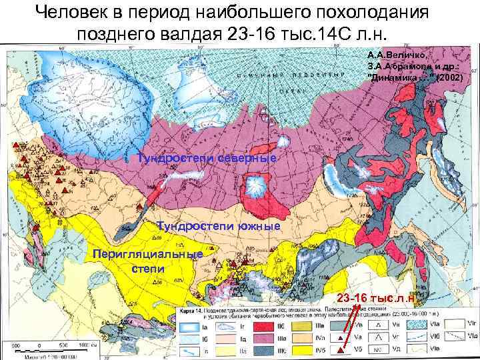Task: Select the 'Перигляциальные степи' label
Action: click(x=143, y=261)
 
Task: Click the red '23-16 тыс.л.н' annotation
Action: click(x=381, y=298)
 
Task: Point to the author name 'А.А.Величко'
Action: click(x=394, y=55)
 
